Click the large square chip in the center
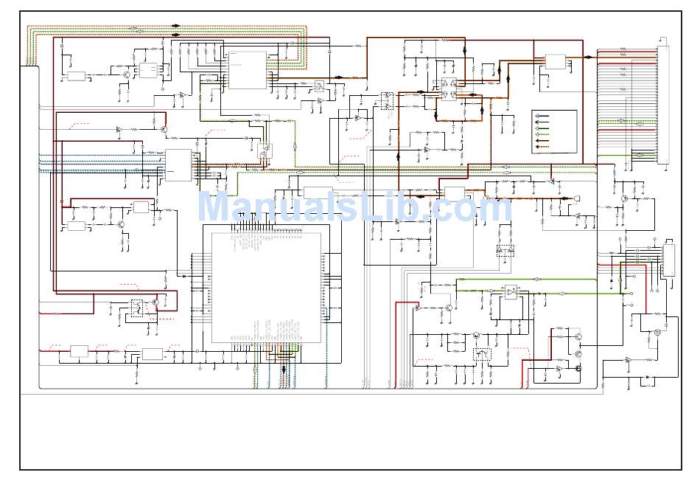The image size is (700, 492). (x=266, y=287)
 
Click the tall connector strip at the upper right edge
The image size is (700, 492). (x=662, y=105)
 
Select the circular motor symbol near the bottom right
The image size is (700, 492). (x=657, y=333)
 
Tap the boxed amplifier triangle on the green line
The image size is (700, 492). (x=511, y=292)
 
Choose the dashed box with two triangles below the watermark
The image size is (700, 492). (x=505, y=251)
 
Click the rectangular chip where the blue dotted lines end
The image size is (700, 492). (x=178, y=164)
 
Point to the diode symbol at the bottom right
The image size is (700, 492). (x=647, y=378)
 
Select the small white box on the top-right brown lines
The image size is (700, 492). (x=555, y=61)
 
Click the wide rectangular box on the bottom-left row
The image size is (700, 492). (x=153, y=354)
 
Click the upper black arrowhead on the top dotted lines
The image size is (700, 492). (x=175, y=26)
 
